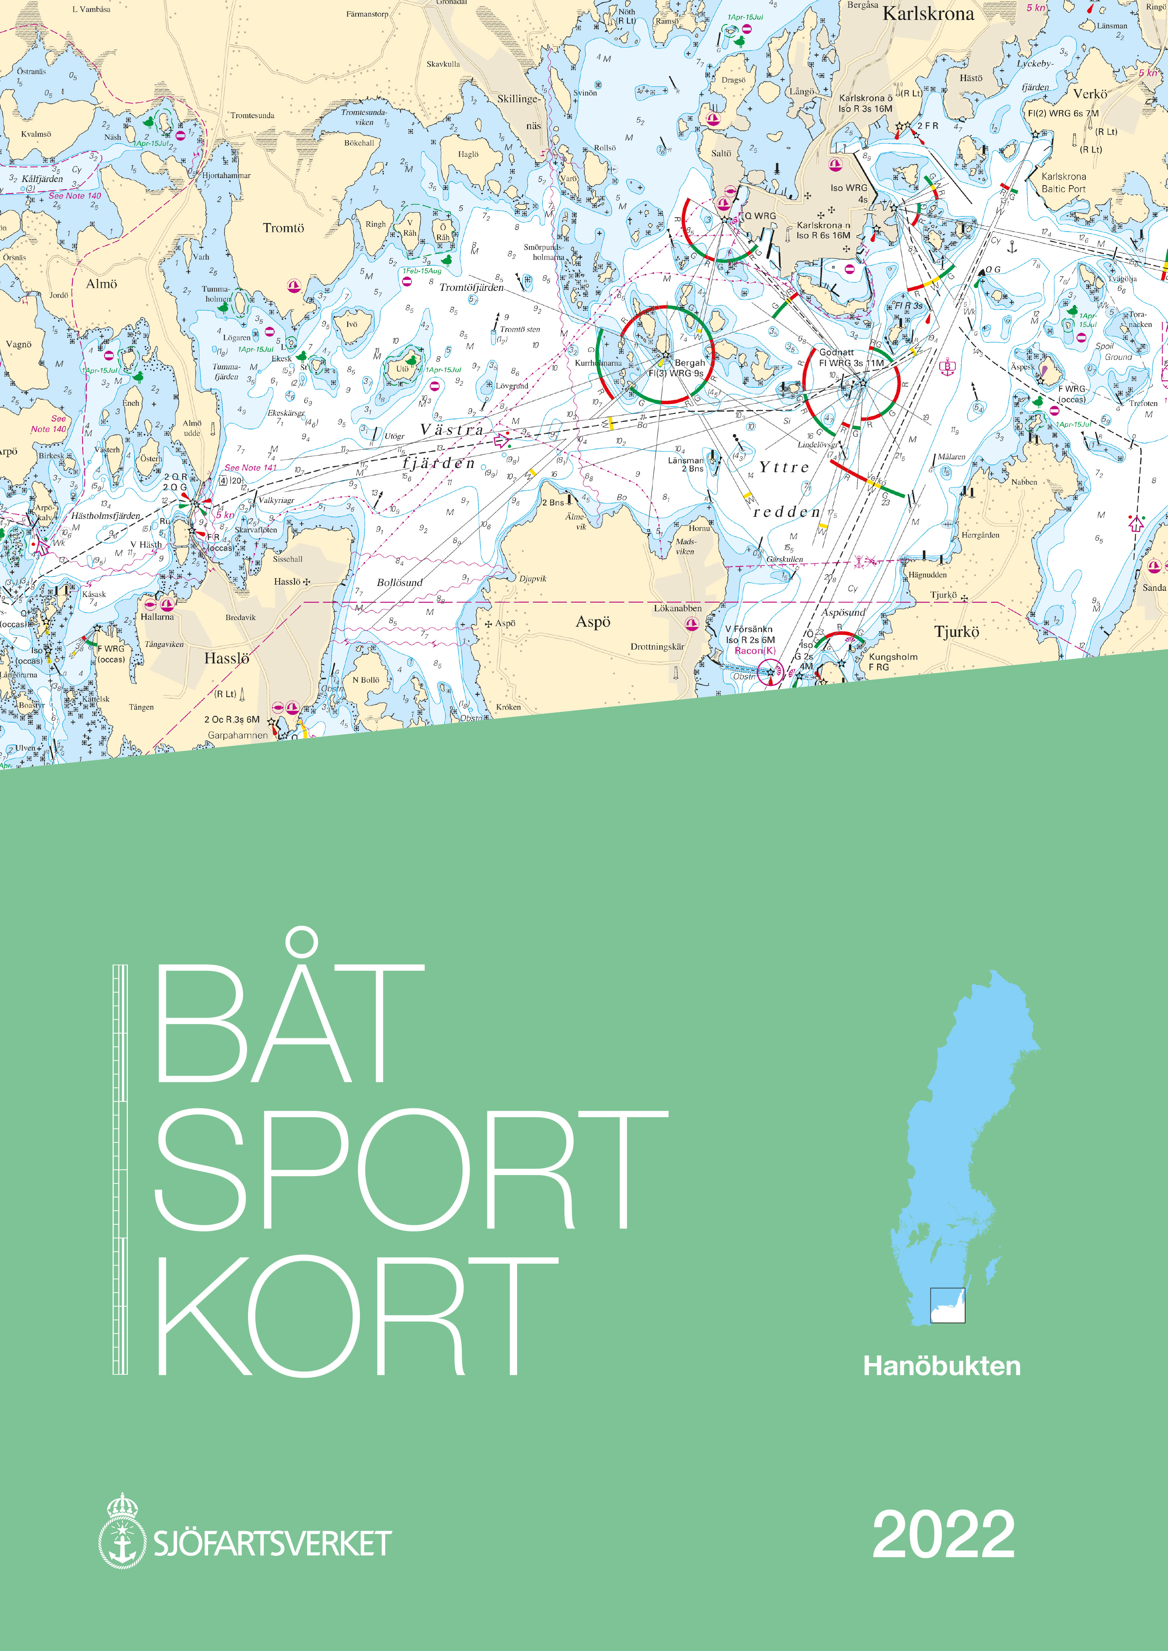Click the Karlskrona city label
point(928,14)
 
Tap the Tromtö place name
point(283,228)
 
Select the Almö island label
point(102,284)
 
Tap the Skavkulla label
point(443,64)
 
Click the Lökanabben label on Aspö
point(678,608)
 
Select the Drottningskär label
point(657,646)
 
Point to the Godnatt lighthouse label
point(836,352)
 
